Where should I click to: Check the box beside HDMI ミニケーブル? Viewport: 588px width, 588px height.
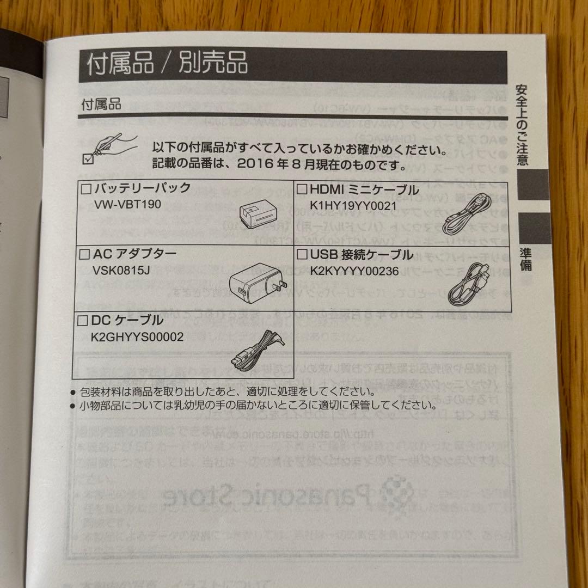(302, 190)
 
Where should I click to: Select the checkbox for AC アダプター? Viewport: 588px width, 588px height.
(84, 254)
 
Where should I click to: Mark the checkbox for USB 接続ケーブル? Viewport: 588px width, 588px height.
(302, 255)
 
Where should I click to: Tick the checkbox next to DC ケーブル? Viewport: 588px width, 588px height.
(84, 320)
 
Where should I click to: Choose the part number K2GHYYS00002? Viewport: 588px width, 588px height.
(137, 337)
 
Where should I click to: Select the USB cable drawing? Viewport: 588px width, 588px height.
(468, 285)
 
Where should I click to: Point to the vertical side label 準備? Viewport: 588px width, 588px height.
(525, 259)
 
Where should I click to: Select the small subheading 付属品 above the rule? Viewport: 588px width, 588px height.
(101, 104)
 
